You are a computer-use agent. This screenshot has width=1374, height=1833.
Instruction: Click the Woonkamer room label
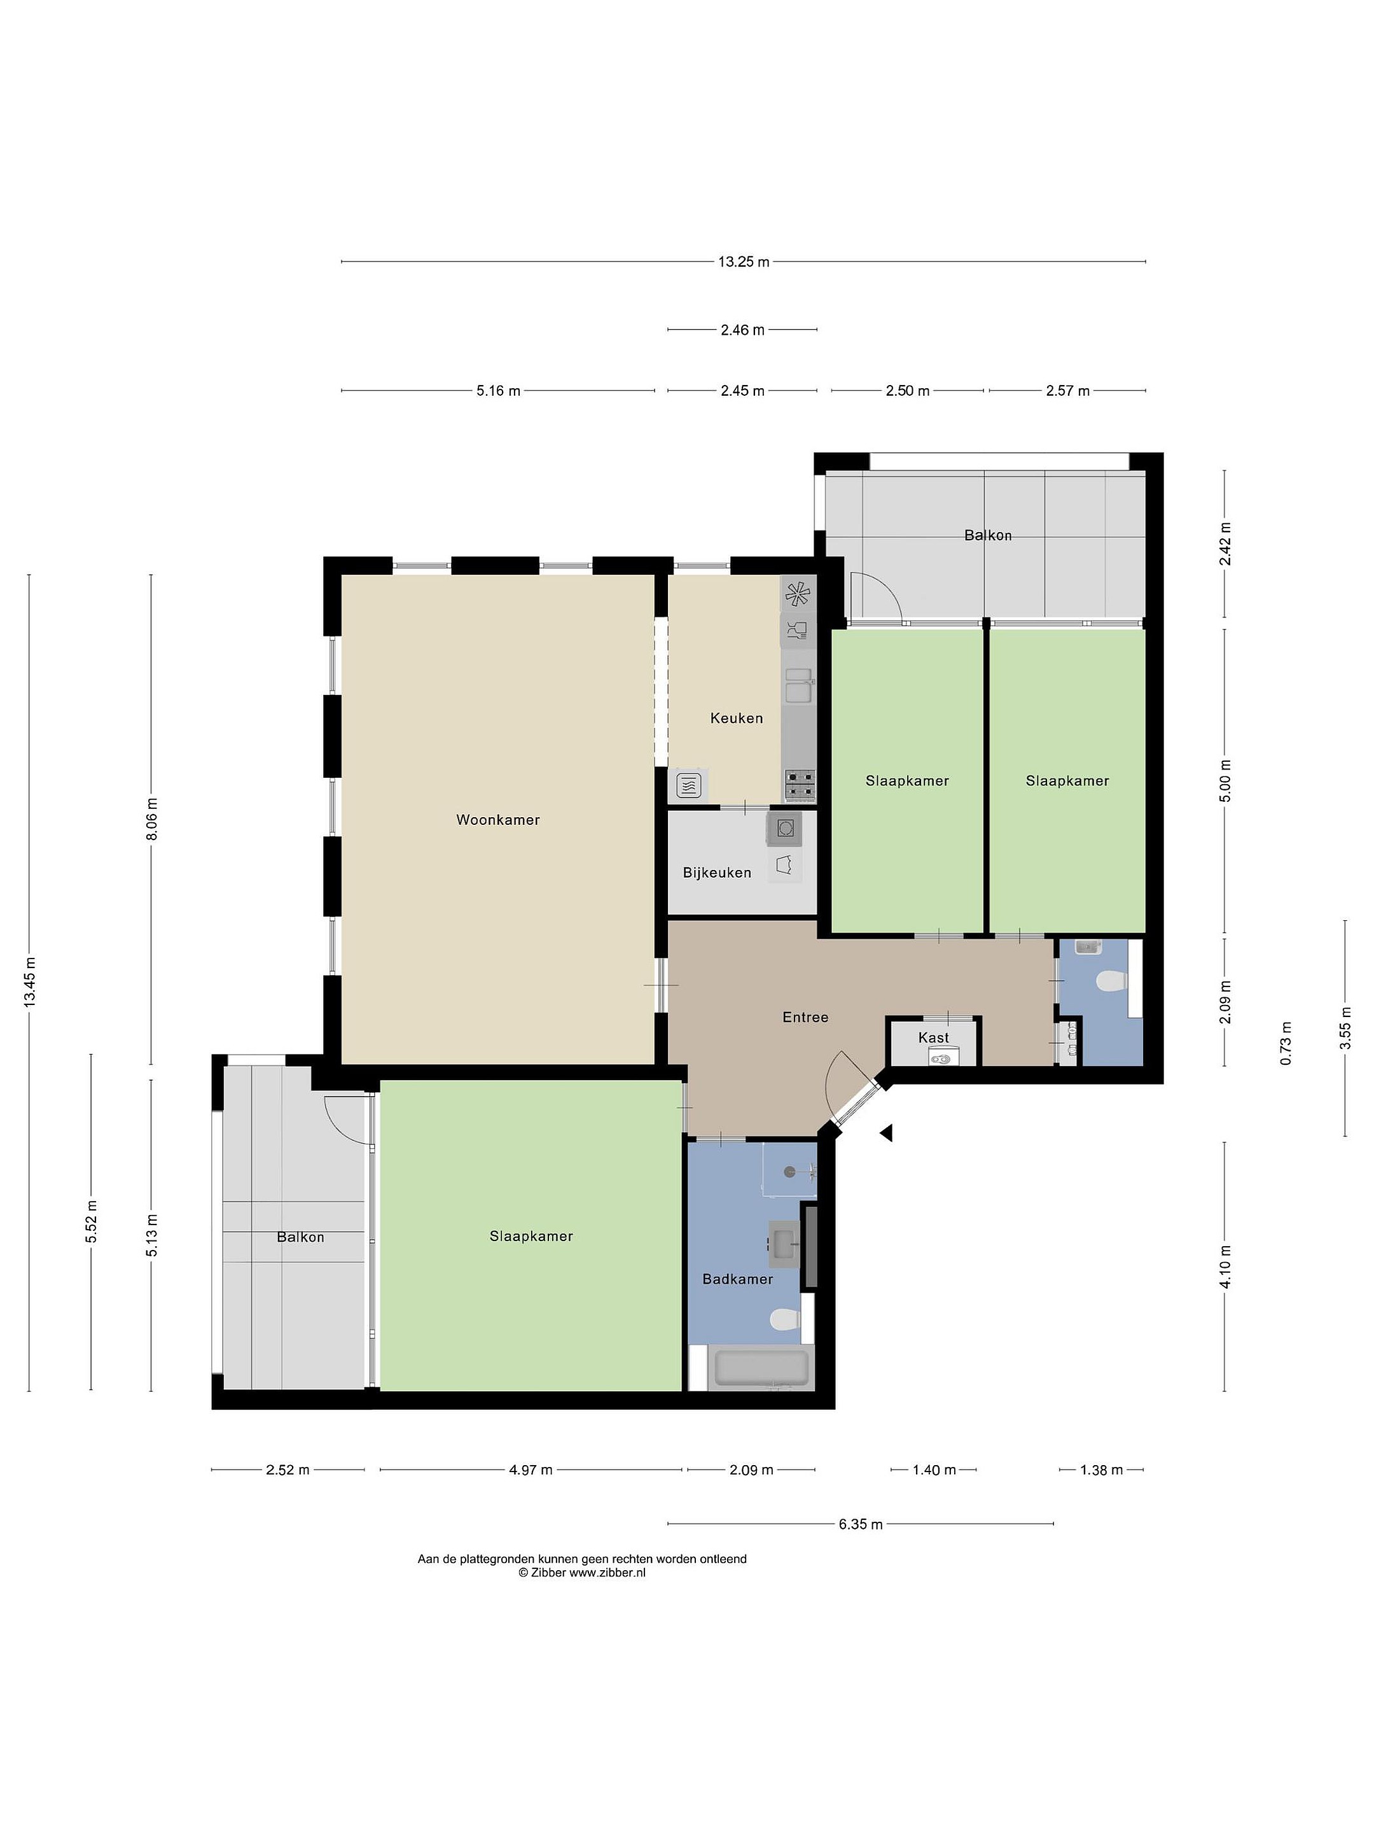497,820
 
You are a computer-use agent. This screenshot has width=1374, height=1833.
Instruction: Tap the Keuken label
736,718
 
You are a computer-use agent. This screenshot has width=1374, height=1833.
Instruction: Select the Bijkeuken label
718,872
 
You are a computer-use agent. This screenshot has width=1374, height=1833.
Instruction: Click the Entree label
805,1017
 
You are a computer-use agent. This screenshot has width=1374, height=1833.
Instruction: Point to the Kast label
933,1037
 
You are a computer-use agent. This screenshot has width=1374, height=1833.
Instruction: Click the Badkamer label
737,1279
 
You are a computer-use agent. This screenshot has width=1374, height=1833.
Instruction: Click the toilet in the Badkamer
784,1319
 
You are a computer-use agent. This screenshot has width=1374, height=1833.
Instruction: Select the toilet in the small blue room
1111,983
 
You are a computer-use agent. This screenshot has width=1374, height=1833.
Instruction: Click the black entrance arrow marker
886,1133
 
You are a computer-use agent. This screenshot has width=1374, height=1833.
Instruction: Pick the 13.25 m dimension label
744,262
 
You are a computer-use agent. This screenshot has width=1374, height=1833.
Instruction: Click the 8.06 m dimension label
151,818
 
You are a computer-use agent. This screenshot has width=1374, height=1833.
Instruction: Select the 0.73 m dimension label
1286,1044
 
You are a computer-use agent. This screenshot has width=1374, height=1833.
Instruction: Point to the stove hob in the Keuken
799,784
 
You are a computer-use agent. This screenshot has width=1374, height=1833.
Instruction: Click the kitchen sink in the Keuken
798,685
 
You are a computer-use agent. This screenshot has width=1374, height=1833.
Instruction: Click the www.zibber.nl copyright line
581,1572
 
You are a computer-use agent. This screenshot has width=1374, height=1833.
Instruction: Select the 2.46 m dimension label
742,330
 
